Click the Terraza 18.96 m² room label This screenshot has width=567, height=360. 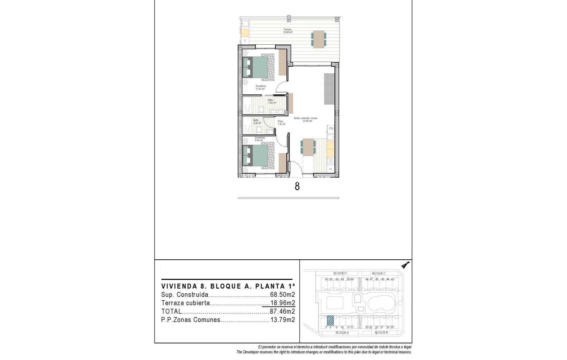pyautogui.click(x=288, y=31)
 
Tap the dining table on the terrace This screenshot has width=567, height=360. pyautogui.click(x=319, y=39)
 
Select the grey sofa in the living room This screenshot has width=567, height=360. pyautogui.click(x=329, y=88)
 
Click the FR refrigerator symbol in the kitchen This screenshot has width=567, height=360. pyautogui.click(x=331, y=129)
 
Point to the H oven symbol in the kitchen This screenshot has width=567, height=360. pyautogui.click(x=331, y=169)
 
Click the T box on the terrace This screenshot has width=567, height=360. pyautogui.click(x=245, y=41)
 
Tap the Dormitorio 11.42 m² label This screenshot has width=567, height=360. pyautogui.click(x=260, y=87)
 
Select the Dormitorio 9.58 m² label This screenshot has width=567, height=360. pyautogui.click(x=259, y=139)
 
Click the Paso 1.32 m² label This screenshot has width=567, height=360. pyautogui.click(x=281, y=123)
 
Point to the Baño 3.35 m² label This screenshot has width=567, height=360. pyautogui.click(x=256, y=122)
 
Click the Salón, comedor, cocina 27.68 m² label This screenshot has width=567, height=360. pyautogui.click(x=306, y=120)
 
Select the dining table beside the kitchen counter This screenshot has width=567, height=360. pyautogui.click(x=308, y=147)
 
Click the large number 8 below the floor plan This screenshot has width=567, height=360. pyautogui.click(x=297, y=186)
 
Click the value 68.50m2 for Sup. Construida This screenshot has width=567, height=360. pyautogui.click(x=282, y=295)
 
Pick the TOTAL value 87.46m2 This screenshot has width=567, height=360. pyautogui.click(x=282, y=312)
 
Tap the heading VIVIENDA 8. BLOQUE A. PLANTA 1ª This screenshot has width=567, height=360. pyautogui.click(x=228, y=286)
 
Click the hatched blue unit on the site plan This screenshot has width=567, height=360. pyautogui.click(x=330, y=320)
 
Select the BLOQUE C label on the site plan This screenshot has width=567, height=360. pyautogui.click(x=379, y=273)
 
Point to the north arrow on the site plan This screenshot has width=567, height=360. pyautogui.click(x=406, y=265)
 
